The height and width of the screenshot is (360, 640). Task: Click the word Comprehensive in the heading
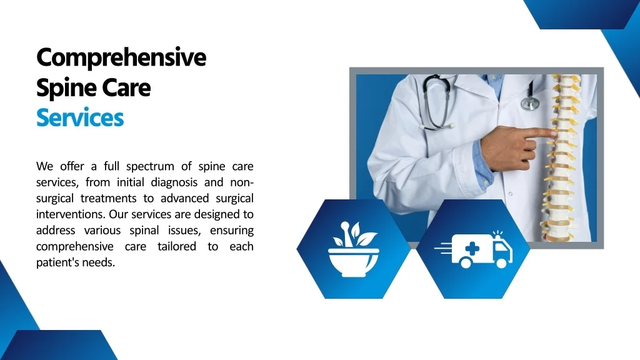121,57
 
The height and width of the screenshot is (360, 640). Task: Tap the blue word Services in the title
80,117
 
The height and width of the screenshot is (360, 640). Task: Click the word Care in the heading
126,87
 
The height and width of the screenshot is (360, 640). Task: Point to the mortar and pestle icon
353,249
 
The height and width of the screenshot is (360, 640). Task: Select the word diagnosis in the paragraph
174,182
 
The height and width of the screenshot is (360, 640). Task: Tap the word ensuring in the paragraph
232,231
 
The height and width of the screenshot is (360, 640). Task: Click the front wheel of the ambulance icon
500,263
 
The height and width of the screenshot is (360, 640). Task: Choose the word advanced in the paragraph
180,199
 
